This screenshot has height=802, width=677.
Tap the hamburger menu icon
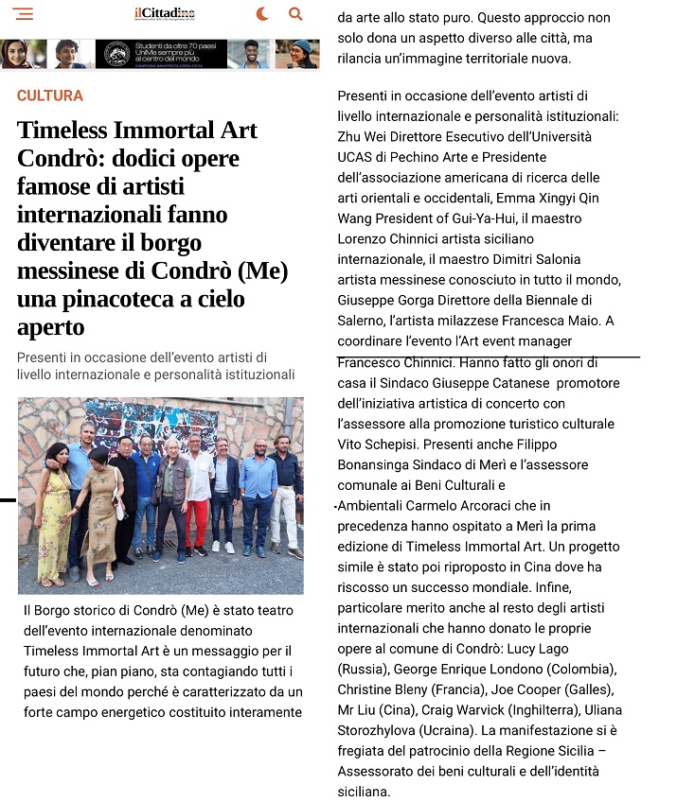tap(24, 14)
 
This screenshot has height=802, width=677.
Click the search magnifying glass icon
tap(295, 14)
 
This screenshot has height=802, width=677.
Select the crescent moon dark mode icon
tap(262, 14)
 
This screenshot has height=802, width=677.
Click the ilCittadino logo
tap(165, 13)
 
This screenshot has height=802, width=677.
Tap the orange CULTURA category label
tap(50, 96)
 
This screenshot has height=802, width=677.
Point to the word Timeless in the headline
tap(66, 131)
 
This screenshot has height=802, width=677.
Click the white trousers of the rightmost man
tap(284, 515)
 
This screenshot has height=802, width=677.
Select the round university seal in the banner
tap(117, 54)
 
